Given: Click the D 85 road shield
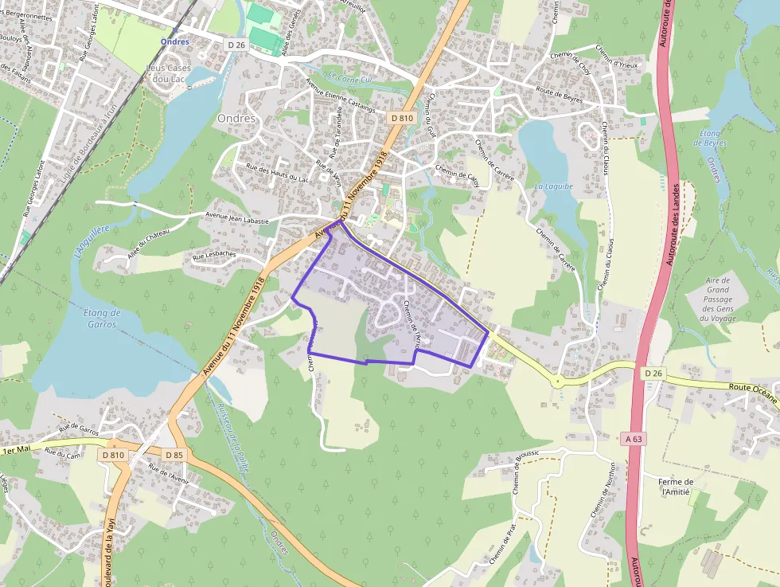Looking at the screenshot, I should [x=174, y=454].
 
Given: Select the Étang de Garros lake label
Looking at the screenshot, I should [x=101, y=319].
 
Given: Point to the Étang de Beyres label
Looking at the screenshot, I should [x=710, y=138].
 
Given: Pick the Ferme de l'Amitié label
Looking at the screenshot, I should [x=677, y=487].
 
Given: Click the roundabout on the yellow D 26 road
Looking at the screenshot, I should [x=558, y=382].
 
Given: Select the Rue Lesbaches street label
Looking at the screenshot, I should [x=214, y=256].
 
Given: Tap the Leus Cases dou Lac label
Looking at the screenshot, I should [x=169, y=73].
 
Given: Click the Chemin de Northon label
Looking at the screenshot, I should [x=602, y=489].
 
